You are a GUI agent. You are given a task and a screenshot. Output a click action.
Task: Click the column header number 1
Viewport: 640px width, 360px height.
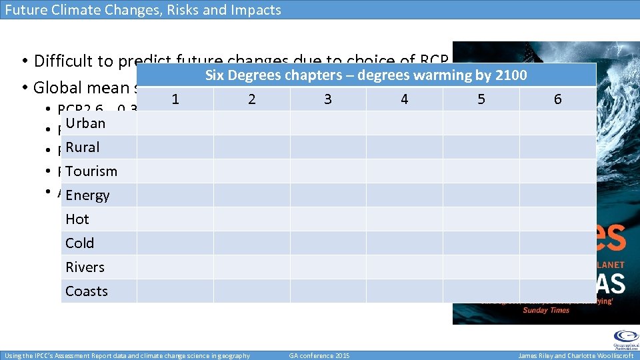click(175, 99)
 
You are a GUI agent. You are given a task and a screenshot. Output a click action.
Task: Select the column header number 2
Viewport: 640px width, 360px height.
click(251, 99)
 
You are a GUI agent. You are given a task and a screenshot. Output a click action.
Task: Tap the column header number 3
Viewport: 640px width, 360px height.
click(328, 99)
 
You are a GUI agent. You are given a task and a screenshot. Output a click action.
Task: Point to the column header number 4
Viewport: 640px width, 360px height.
click(405, 99)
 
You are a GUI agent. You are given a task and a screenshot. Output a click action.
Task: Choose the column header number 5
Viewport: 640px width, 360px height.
click(481, 99)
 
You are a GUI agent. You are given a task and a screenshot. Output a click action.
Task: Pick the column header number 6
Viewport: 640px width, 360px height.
click(558, 99)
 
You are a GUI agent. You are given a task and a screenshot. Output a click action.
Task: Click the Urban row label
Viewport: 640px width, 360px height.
click(85, 123)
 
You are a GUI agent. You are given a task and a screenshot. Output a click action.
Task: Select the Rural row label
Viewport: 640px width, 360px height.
click(83, 147)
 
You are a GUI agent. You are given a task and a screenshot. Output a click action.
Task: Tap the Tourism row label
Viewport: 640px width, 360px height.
click(91, 171)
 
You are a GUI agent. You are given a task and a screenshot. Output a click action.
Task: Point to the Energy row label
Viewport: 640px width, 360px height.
click(87, 195)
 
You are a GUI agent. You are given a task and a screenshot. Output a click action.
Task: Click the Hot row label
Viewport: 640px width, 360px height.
click(77, 219)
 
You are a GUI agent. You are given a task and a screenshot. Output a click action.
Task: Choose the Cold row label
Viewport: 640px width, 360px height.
click(80, 243)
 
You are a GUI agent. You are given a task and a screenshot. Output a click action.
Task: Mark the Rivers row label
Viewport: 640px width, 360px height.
click(85, 267)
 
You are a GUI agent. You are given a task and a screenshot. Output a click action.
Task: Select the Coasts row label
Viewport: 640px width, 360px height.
click(87, 291)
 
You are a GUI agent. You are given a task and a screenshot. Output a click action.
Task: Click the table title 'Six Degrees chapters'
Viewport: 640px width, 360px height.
click(366, 75)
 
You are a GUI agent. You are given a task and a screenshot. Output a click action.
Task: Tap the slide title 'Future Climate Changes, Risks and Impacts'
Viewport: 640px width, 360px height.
click(143, 10)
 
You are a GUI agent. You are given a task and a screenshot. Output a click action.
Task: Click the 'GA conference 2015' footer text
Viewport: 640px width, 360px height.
click(319, 355)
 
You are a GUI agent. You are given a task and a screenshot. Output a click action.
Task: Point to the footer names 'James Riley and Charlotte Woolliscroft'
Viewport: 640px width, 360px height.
click(576, 355)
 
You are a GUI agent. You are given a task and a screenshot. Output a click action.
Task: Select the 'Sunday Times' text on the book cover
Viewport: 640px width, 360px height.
click(545, 311)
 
